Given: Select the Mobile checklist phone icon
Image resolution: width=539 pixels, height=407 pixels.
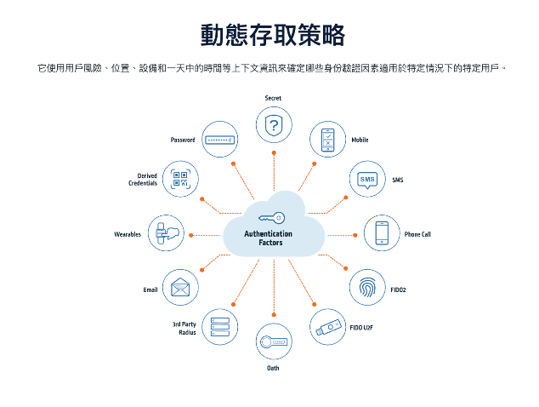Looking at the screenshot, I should (x=327, y=140).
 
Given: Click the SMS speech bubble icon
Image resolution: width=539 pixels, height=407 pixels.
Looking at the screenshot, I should (x=367, y=180).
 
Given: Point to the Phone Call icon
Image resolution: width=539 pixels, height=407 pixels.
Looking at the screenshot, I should (x=382, y=234).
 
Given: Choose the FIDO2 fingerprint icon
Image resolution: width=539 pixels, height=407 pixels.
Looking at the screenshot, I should (x=367, y=289).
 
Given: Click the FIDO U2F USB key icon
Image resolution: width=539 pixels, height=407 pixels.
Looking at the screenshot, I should (x=327, y=326).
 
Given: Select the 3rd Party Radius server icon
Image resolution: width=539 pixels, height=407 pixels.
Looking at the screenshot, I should (x=219, y=327).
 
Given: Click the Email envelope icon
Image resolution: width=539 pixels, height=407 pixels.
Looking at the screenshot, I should (x=179, y=289).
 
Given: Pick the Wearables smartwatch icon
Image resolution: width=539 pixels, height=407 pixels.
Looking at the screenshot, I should (x=167, y=234).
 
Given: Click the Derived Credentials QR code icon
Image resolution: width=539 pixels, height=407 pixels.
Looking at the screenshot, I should (x=180, y=180).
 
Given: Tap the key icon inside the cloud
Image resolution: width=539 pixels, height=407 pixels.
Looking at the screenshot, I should (x=272, y=217).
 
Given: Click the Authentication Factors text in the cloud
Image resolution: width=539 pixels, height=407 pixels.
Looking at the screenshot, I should (x=269, y=238).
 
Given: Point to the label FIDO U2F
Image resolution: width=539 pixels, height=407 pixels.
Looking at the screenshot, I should (x=361, y=326).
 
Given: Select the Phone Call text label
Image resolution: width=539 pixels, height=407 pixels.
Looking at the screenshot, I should (x=417, y=234).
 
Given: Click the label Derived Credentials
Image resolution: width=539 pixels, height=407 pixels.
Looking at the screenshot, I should (x=143, y=180).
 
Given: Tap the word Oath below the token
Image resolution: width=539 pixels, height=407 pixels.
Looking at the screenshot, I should (x=273, y=368).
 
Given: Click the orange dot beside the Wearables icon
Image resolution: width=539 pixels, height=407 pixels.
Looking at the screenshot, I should (x=190, y=234).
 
